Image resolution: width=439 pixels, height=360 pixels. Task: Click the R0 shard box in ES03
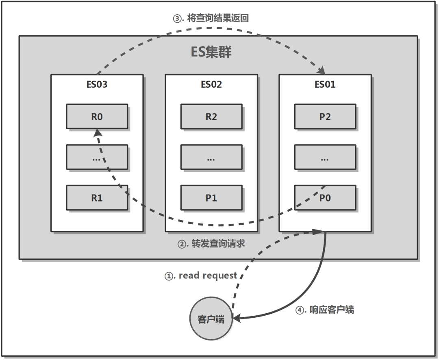click(97, 117)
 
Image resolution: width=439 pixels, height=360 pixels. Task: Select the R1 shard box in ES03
click(97, 198)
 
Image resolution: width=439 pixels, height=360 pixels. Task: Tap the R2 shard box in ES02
click(211, 117)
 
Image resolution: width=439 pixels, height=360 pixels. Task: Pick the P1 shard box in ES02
click(211, 198)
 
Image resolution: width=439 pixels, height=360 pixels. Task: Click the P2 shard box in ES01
click(325, 117)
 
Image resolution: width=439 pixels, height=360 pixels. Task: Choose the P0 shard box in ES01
click(325, 198)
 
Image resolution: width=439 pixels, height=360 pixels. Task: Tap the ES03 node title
click(97, 85)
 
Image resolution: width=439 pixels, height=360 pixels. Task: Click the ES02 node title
click(211, 85)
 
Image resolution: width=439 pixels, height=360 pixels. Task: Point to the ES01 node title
click(325, 85)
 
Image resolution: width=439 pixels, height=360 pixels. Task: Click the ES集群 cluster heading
click(211, 52)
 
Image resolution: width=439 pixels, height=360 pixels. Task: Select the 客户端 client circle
click(211, 319)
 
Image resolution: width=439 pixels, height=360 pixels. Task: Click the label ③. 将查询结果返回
click(211, 18)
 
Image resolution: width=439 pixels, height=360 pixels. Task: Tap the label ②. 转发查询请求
click(211, 244)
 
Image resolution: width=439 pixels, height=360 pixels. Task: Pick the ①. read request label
click(201, 275)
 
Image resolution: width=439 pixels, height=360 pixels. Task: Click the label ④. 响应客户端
click(324, 310)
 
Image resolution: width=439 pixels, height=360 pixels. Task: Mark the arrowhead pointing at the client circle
click(236, 319)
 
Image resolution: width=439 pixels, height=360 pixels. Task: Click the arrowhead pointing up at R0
click(97, 132)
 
